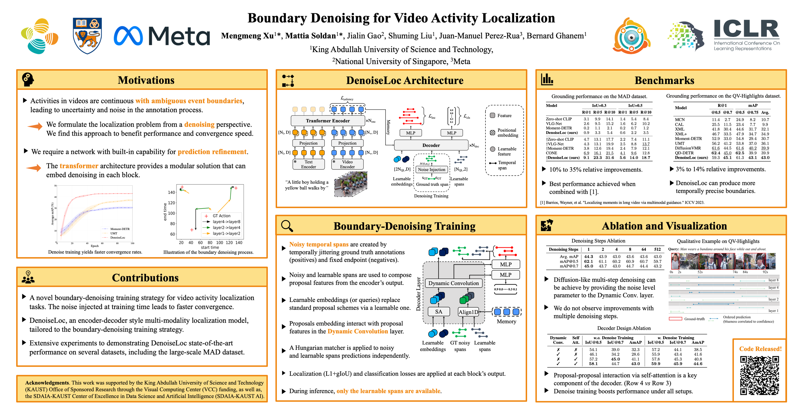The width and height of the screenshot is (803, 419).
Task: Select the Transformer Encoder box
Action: [328, 121]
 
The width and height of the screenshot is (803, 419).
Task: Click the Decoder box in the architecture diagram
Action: [431, 145]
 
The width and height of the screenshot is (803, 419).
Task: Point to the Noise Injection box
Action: [432, 169]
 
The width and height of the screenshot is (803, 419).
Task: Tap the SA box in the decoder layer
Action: [438, 311]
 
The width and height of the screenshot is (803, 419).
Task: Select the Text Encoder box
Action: [308, 164]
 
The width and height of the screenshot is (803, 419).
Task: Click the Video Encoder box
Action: [347, 164]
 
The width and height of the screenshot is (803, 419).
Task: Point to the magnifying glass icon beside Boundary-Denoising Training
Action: [287, 226]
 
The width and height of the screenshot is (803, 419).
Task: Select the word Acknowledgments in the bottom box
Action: [47, 382]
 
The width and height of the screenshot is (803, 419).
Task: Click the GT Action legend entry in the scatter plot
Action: [221, 216]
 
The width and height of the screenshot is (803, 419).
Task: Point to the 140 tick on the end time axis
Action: [171, 192]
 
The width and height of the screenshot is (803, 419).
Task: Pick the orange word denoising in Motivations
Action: [199, 125]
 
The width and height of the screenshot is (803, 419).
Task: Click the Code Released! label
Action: [760, 349]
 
